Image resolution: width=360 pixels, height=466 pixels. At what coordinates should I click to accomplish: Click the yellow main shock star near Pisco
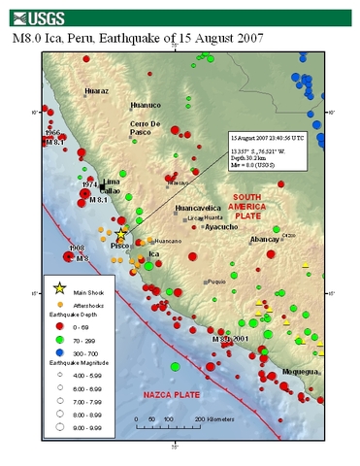click(x=121, y=235)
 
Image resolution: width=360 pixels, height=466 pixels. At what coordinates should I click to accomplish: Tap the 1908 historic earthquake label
click(x=77, y=250)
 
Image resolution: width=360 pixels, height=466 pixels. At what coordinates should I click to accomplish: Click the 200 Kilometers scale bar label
click(x=213, y=418)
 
